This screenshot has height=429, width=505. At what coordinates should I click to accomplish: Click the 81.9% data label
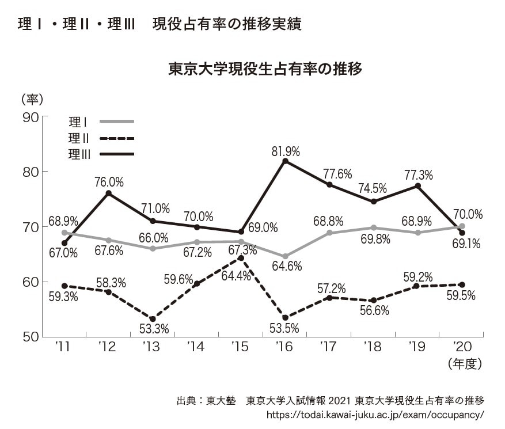(x=286, y=151)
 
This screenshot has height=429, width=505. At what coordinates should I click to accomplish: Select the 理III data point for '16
(x=285, y=161)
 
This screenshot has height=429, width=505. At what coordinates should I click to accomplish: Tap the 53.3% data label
(x=153, y=330)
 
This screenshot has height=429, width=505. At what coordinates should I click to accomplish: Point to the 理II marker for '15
(x=241, y=257)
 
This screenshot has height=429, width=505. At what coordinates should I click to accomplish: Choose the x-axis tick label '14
(x=196, y=347)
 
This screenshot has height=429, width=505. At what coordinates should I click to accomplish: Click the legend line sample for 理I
(x=116, y=122)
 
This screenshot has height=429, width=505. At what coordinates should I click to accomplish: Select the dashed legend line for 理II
(x=116, y=138)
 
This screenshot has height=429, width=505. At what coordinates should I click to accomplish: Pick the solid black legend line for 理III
(x=116, y=154)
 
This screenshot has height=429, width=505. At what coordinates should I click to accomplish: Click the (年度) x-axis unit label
(x=463, y=364)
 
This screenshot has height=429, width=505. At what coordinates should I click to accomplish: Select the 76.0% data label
(x=109, y=183)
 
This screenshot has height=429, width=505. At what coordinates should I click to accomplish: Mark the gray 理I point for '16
(x=285, y=256)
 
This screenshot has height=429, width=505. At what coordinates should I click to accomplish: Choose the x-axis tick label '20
(x=462, y=347)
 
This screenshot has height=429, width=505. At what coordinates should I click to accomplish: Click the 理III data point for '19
(x=418, y=186)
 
